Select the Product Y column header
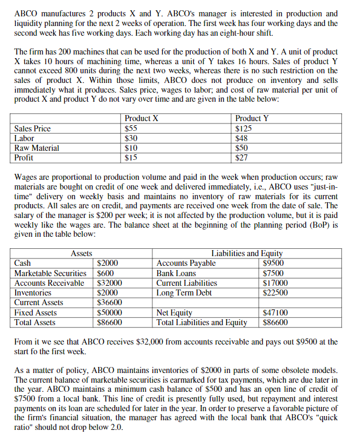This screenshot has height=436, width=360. [x=252, y=119]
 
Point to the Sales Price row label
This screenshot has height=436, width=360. [x=32, y=128]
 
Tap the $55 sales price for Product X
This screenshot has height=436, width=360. [x=130, y=128]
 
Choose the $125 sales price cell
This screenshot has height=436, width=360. [x=243, y=128]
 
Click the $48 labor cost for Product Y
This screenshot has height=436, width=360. [x=241, y=138]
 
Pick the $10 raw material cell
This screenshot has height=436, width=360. [x=130, y=148]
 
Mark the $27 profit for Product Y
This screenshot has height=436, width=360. [x=241, y=157]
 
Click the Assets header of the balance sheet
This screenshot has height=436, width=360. [x=82, y=254]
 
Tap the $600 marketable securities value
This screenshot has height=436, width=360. [x=105, y=273]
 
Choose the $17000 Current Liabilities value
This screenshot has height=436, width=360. [x=275, y=283]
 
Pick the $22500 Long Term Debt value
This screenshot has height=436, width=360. [x=275, y=292]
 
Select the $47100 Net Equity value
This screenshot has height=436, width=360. [x=275, y=312]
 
